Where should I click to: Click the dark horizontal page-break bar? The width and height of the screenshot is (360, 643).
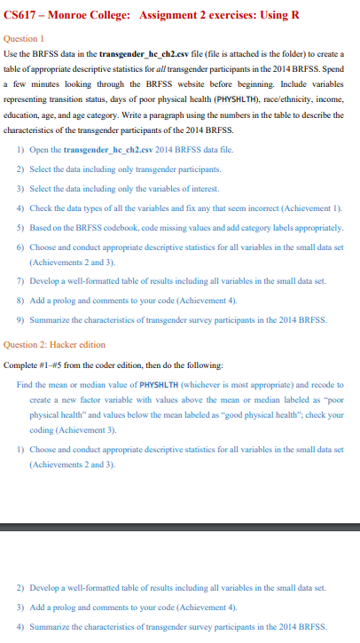click(180, 529)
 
